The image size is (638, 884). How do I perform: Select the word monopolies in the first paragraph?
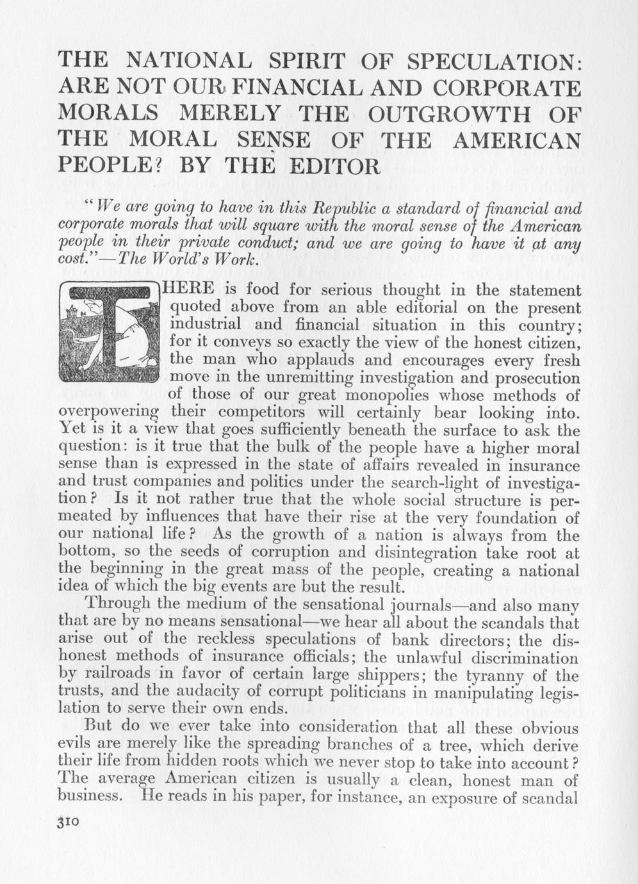pos(346,395)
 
